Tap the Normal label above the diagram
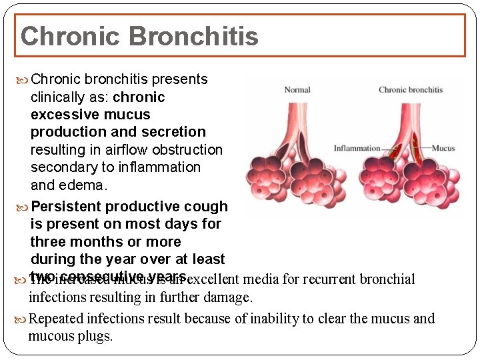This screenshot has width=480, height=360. (x=297, y=90)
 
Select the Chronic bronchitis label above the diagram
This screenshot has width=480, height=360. (x=411, y=90)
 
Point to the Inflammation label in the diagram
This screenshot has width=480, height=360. (x=357, y=149)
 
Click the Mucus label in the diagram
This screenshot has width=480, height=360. (x=443, y=149)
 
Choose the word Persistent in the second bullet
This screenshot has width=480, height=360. (x=64, y=207)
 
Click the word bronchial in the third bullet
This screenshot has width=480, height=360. (x=388, y=279)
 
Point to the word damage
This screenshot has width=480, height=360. (x=229, y=297)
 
